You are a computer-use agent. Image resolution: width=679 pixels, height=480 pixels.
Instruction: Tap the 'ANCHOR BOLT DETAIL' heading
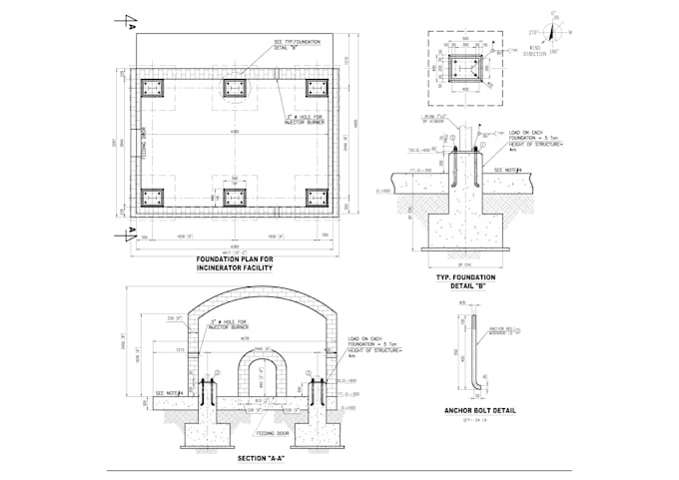tap(470, 409)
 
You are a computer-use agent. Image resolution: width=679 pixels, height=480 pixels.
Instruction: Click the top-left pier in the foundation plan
tap(152, 87)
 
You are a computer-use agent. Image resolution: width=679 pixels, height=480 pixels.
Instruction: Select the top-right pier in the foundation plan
tap(317, 87)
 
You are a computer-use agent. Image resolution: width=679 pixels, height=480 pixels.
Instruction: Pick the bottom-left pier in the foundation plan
tap(152, 197)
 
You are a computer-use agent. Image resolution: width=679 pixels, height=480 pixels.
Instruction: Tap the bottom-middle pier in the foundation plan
tap(235, 197)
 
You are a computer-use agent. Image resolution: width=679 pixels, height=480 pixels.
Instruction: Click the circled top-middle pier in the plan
tap(235, 87)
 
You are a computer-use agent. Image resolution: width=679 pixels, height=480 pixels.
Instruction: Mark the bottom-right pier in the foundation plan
tap(317, 197)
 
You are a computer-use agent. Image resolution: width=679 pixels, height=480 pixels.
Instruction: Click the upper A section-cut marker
tap(129, 21)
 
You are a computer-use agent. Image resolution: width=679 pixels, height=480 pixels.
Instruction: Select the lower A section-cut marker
tap(129, 235)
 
